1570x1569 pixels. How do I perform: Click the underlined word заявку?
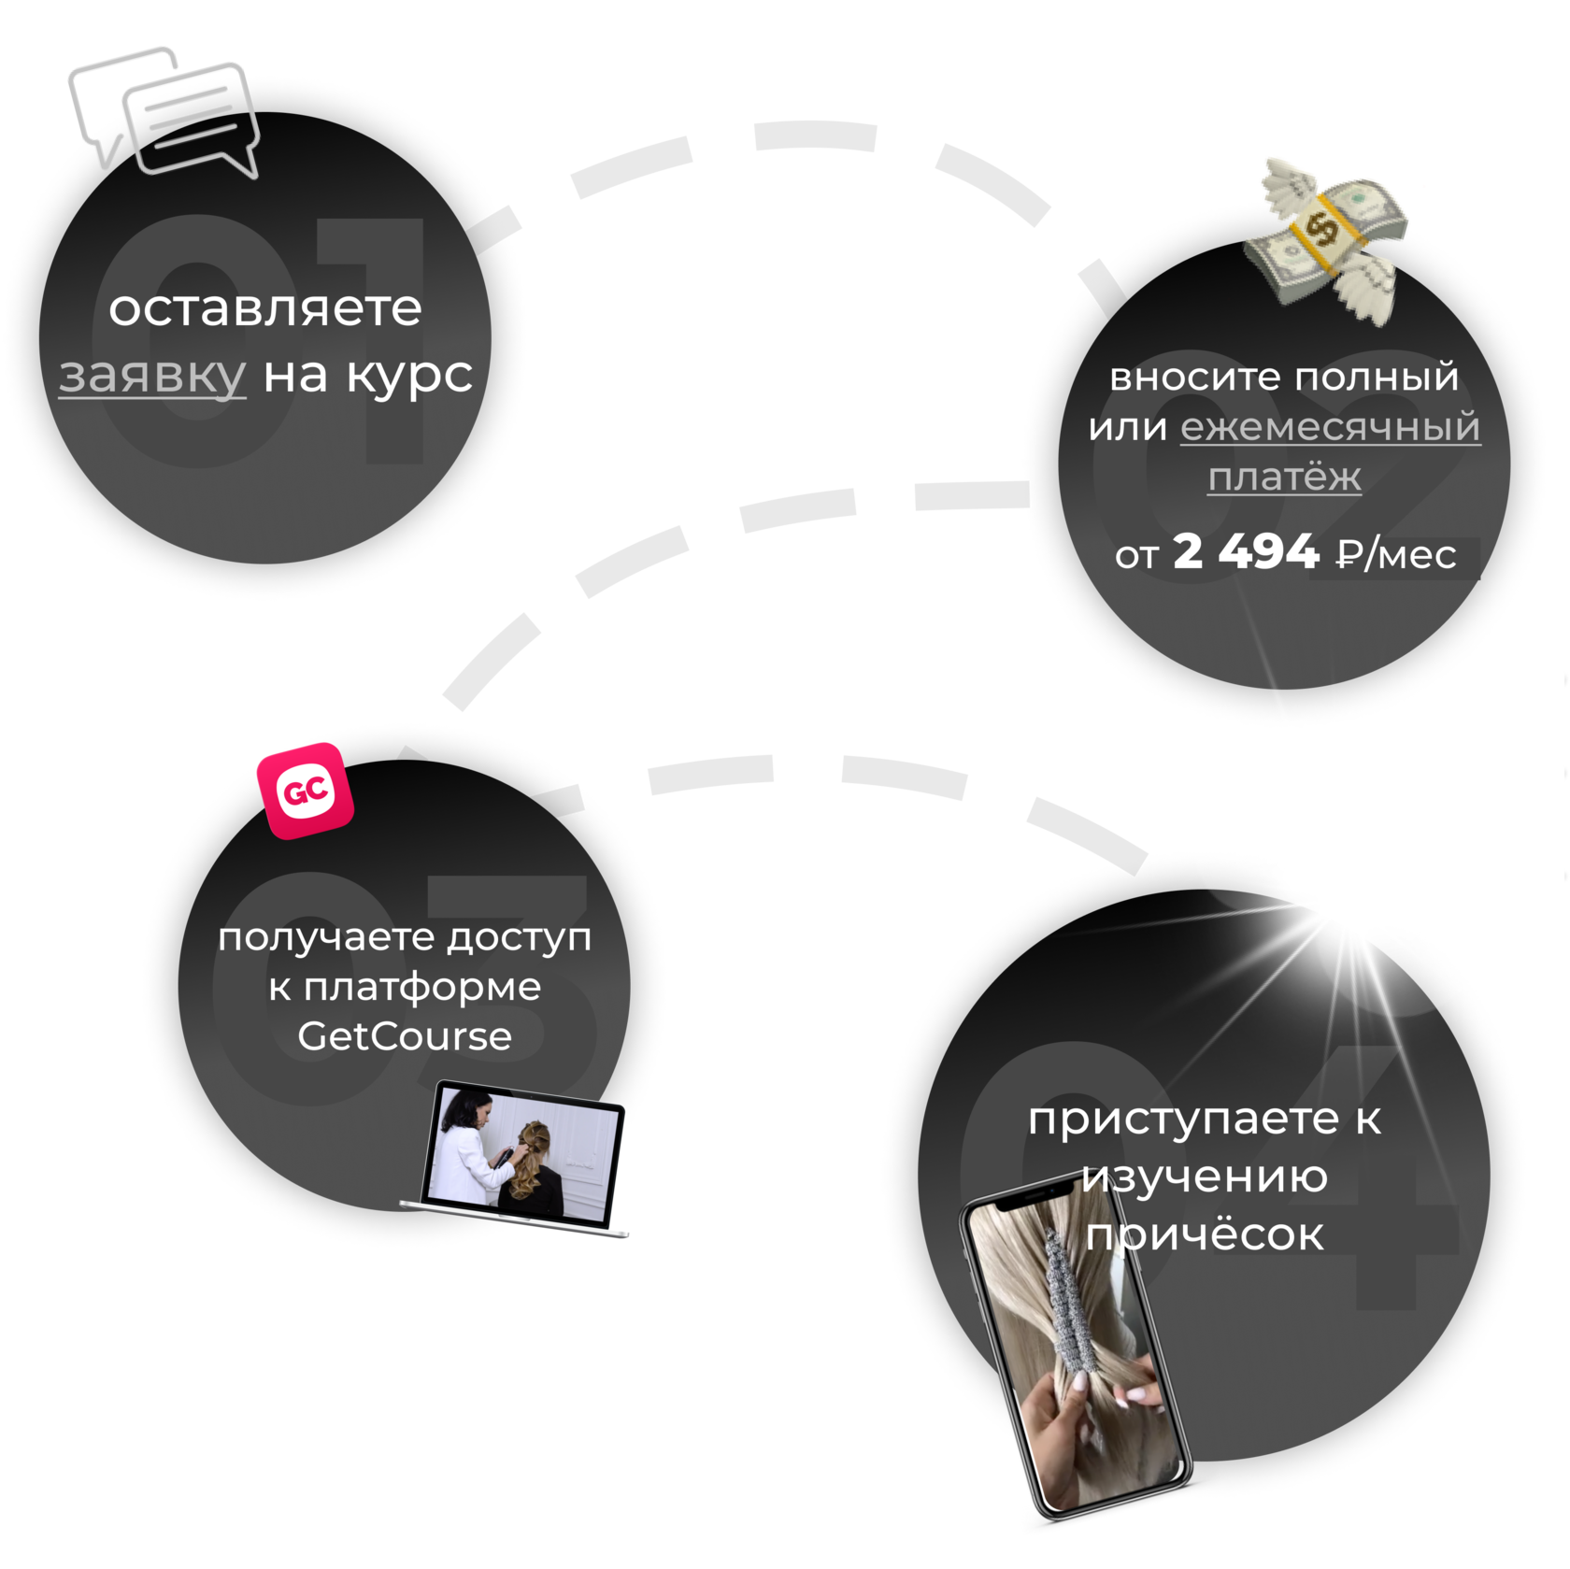click(152, 376)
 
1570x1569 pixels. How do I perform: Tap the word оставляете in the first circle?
click(265, 308)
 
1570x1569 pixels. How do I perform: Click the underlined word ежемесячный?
click(1330, 427)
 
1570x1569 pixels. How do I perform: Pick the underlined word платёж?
click(1284, 478)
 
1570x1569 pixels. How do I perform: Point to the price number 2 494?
click(1245, 552)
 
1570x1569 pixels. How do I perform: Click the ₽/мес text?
click(1396, 554)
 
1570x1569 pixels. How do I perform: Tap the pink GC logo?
click(306, 792)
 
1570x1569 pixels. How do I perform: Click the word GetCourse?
click(405, 1036)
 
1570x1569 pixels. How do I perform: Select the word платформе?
click(422, 988)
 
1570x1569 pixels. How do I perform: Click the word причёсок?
click(1205, 1235)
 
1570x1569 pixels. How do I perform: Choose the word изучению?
click(1205, 1177)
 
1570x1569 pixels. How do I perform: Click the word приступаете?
click(1184, 1119)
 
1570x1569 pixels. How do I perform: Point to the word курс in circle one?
click(409, 376)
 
